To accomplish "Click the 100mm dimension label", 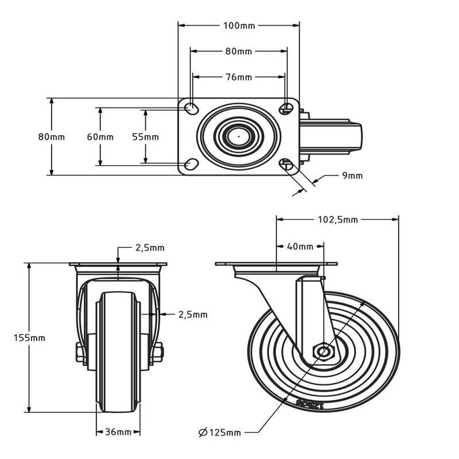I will [x=239, y=26].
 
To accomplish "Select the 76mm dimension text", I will [x=239, y=77].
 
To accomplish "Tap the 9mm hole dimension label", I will [x=352, y=175].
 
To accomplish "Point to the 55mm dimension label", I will [x=146, y=137].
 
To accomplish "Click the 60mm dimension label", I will [x=100, y=137].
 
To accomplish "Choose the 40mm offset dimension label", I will [x=300, y=247].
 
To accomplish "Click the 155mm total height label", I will [x=30, y=338].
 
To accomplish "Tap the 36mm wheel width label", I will [x=119, y=432].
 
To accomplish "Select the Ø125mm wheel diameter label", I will [x=220, y=432].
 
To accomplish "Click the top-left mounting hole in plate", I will [x=190, y=108].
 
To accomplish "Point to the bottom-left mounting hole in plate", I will [x=190, y=165].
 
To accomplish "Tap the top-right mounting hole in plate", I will [x=287, y=108].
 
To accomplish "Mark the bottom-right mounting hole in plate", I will [x=287, y=165].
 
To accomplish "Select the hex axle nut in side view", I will [x=323, y=351].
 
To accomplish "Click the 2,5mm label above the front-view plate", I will [x=150, y=248].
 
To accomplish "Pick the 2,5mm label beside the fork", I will [x=193, y=315].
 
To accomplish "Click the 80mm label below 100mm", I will [x=239, y=51].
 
